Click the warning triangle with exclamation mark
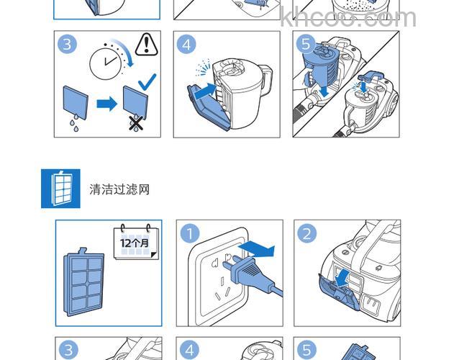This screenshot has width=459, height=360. coord(146,45)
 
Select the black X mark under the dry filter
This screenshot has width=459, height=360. coord(135,123)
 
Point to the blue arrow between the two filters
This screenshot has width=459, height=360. coord(107,104)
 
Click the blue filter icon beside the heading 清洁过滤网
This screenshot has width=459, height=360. coord(60,189)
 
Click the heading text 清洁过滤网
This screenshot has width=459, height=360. coord(119,189)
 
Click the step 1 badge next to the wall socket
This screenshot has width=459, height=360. coord(189,234)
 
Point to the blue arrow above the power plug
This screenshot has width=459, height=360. coord(258,249)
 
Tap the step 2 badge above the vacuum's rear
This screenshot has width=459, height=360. coord(307,234)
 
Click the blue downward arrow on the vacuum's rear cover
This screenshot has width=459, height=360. coord(344,278)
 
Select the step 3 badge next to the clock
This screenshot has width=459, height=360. coord(68,45)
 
